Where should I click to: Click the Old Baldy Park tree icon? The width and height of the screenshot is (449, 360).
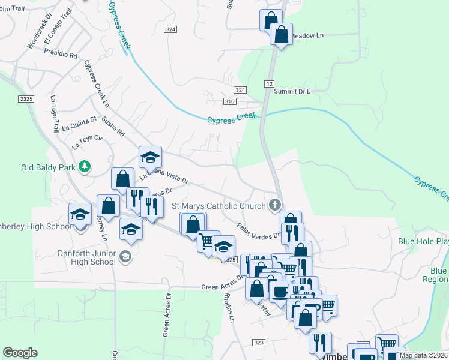pyautogui.click(x=85, y=166)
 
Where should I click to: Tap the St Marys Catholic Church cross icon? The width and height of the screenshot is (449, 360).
pyautogui.click(x=275, y=205)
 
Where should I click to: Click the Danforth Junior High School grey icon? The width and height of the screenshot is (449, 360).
pyautogui.click(x=125, y=257)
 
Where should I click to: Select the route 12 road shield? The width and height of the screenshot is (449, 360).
pyautogui.click(x=268, y=82)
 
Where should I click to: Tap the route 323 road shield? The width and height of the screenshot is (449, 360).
pyautogui.click(x=259, y=342)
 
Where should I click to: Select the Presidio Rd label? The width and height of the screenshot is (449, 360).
pyautogui.click(x=61, y=54)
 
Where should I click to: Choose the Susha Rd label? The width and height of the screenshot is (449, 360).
pyautogui.click(x=113, y=125)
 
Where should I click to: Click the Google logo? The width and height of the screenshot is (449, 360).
pyautogui.click(x=20, y=353)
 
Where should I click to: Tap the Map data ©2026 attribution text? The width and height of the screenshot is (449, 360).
pyautogui.click(x=423, y=355)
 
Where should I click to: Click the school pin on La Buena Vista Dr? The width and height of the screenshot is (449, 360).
pyautogui.click(x=151, y=158)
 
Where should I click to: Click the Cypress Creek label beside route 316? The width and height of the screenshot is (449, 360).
pyautogui.click(x=231, y=119)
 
